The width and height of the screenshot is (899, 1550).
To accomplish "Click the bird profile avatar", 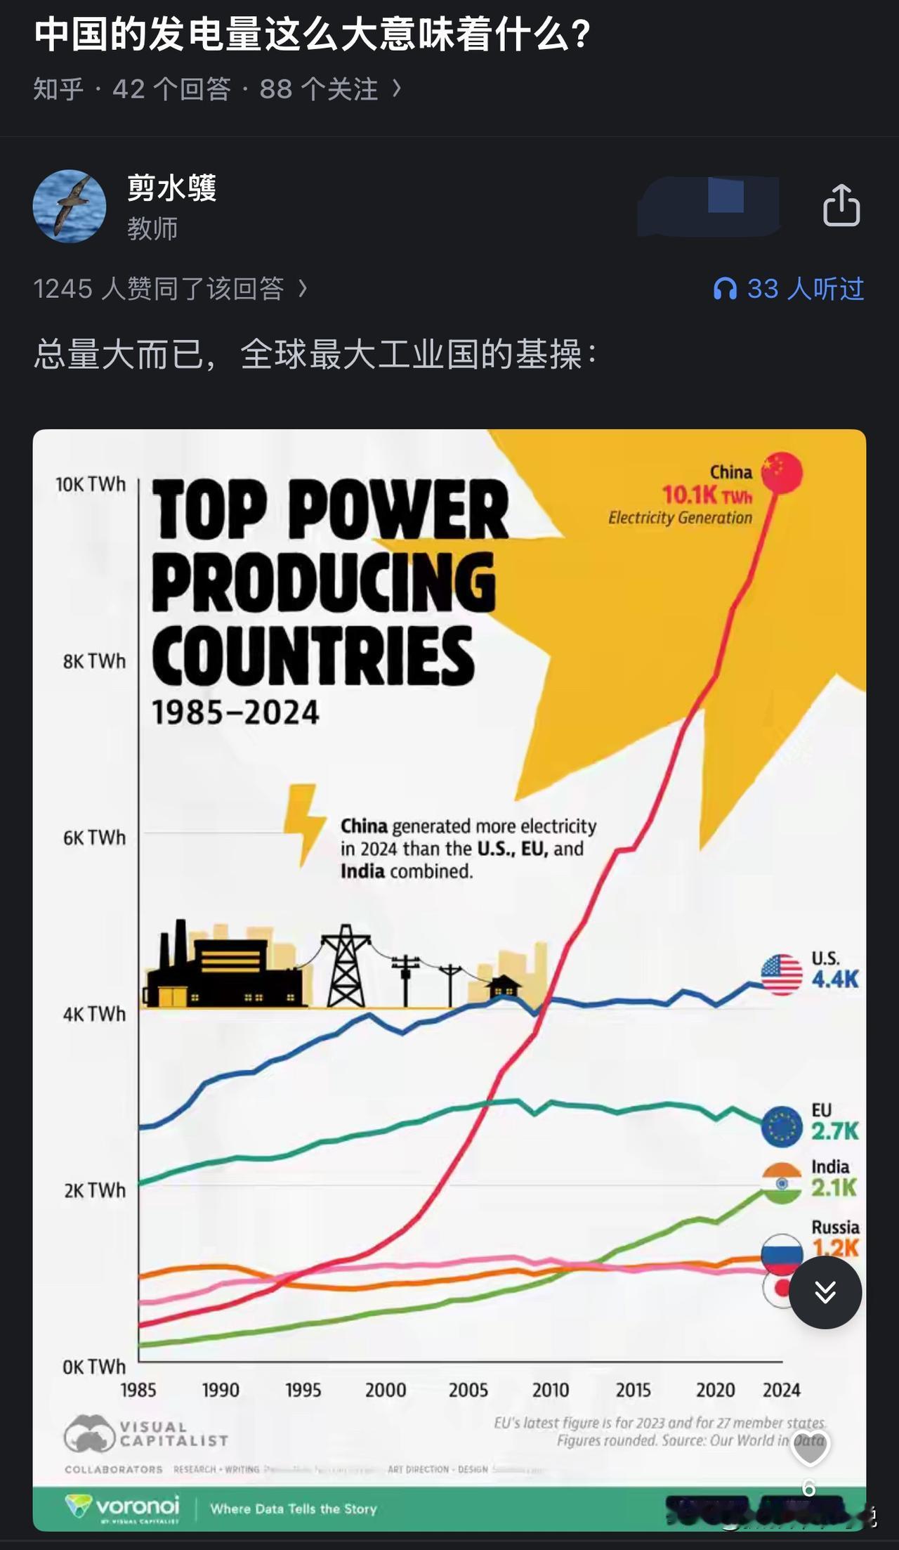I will [x=70, y=206].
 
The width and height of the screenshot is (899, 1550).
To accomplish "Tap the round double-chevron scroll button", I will [x=825, y=1291].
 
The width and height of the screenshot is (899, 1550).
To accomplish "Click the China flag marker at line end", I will [x=782, y=473].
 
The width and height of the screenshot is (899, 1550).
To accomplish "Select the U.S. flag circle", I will [x=781, y=975].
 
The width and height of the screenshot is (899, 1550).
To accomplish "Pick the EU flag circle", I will [x=782, y=1126].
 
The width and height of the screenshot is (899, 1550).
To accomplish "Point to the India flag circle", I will [x=782, y=1183].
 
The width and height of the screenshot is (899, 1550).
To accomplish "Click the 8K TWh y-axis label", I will [x=94, y=661].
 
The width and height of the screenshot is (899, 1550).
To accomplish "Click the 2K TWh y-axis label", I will [x=94, y=1190].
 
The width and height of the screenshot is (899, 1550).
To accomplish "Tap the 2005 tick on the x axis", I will [x=468, y=1390].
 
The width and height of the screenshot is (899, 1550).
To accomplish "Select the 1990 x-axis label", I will [x=221, y=1390].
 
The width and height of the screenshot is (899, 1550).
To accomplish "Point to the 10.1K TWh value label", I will [x=707, y=495].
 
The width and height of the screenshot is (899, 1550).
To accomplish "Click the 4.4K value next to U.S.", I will [x=834, y=979].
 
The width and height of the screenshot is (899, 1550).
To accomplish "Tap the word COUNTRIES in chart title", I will [x=313, y=656].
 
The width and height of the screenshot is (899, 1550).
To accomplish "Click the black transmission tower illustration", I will [x=345, y=966].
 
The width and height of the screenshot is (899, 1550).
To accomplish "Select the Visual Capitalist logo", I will [x=146, y=1433].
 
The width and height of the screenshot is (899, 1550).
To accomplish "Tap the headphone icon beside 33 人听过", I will [x=725, y=289].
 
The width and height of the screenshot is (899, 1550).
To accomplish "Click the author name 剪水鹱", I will [x=171, y=188].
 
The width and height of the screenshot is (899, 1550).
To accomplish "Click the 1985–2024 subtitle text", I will [x=235, y=712].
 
